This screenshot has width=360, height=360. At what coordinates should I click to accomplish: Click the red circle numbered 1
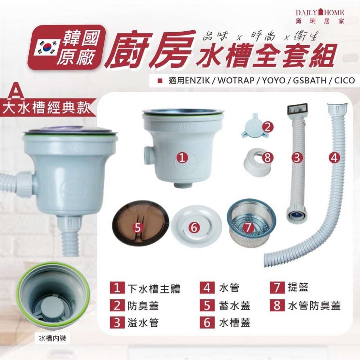click(x=183, y=157)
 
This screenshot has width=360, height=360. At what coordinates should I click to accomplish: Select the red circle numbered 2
click(x=266, y=127)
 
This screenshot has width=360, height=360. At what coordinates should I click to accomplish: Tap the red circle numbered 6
click(x=193, y=227)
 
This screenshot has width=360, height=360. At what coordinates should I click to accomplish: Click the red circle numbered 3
click(x=297, y=157)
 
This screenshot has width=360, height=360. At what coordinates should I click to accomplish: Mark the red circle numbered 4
click(x=334, y=157)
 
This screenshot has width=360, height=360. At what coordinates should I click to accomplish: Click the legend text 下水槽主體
click(x=154, y=289)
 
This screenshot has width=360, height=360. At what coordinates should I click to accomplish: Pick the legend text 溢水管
click(x=143, y=323)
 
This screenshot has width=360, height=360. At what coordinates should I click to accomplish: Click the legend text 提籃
click(x=298, y=288)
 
